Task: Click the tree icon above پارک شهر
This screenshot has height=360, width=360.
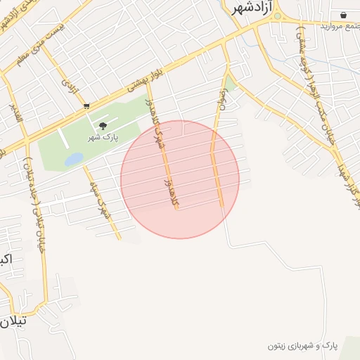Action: [x=103, y=127]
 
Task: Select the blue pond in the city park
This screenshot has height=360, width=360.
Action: [x=73, y=160]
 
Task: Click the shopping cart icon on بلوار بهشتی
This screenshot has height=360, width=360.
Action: [x=86, y=106]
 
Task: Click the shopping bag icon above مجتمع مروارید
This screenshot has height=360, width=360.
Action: [x=343, y=15]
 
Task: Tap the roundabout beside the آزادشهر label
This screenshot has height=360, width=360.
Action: [x=277, y=15]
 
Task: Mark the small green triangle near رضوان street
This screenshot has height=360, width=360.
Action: [x=230, y=85]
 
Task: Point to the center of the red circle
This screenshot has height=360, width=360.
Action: [x=180, y=179]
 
